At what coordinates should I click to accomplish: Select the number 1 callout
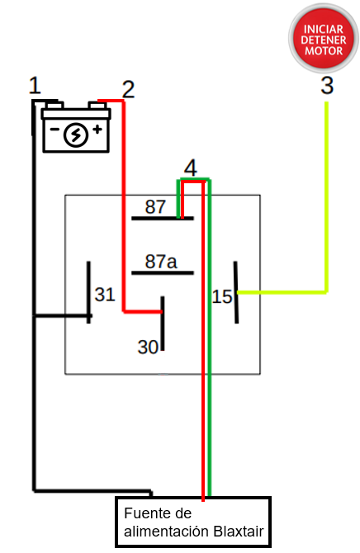pyautogui.click(x=34, y=85)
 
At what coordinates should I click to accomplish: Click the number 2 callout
pyautogui.click(x=128, y=89)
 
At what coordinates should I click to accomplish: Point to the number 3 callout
pyautogui.click(x=327, y=85)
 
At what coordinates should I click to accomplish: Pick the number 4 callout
pyautogui.click(x=191, y=168)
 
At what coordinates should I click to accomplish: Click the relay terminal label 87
pyautogui.click(x=155, y=206)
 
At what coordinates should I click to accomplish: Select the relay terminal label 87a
pyautogui.click(x=161, y=262)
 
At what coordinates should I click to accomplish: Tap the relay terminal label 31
pyautogui.click(x=105, y=294)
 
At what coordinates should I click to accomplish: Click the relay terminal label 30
pyautogui.click(x=148, y=347)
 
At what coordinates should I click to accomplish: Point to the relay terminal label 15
pyautogui.click(x=222, y=295)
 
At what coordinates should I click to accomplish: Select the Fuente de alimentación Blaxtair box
pyautogui.click(x=193, y=522)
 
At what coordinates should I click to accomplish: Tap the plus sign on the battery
pyautogui.click(x=97, y=130)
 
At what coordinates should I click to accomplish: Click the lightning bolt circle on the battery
pyautogui.click(x=76, y=135)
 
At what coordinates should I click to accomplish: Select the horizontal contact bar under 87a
pyautogui.click(x=162, y=273)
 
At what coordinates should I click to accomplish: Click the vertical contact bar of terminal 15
pyautogui.click(x=236, y=292)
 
